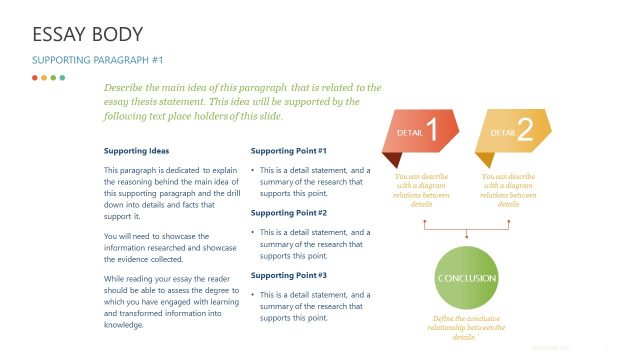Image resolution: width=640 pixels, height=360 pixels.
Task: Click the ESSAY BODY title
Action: [88, 36]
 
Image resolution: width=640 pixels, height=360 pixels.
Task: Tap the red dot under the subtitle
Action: [35, 77]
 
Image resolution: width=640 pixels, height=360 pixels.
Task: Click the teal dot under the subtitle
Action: [62, 77]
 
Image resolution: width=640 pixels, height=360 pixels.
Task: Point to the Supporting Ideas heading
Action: [137, 151]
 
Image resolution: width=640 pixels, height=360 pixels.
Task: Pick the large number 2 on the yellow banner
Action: [526, 129]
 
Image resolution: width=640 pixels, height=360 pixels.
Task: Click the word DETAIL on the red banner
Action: [410, 132]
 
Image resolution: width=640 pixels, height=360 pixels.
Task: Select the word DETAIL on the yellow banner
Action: [502, 132]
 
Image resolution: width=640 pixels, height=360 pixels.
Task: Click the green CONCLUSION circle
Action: [467, 277]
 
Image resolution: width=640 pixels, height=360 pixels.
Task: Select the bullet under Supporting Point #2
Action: [254, 232]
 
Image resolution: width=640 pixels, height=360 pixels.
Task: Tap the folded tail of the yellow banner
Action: [484, 159]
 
